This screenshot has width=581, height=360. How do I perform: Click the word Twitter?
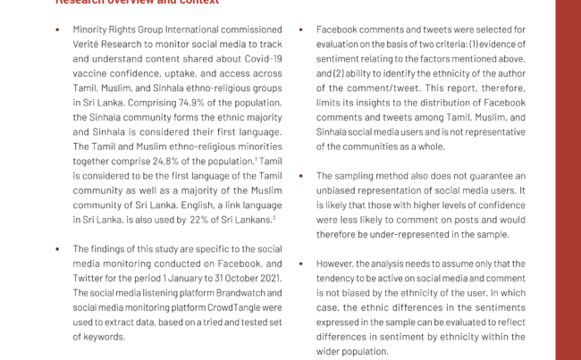[x=89, y=279]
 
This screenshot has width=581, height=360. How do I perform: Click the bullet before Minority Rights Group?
[x=57, y=29]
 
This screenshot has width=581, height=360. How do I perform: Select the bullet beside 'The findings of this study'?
[x=57, y=249]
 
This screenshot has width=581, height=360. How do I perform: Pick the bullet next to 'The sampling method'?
[x=301, y=176]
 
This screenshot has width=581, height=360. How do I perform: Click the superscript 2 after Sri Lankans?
[x=274, y=216]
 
